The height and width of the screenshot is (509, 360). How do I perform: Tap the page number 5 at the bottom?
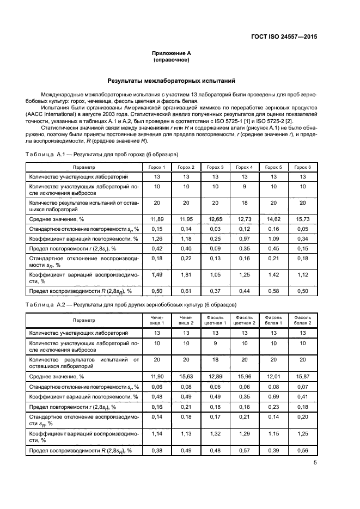point(315,463)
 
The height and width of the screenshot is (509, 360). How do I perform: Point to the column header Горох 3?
point(215,167)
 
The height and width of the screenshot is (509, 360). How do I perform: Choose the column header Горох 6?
point(302,167)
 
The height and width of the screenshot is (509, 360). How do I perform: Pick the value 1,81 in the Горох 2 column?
point(186,275)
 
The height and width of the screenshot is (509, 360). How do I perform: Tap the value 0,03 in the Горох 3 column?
point(215,229)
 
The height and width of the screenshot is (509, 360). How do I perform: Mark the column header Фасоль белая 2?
point(302,320)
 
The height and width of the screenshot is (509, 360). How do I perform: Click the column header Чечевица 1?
point(156,320)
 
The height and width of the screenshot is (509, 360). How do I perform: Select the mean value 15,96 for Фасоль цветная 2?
point(244,376)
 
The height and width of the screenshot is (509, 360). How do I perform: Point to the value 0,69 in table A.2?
point(273,397)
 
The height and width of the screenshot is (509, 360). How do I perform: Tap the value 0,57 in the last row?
point(244,450)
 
